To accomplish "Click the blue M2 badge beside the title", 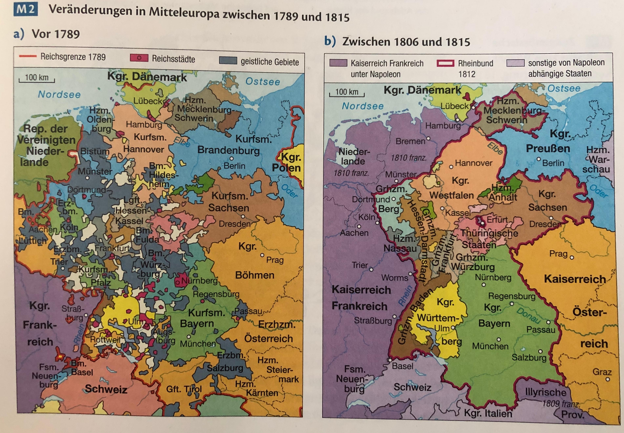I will pos(25,10).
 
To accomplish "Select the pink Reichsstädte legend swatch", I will pos(139,58).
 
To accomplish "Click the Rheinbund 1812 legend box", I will pos(445,63).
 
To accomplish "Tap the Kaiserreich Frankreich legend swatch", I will pos(338,63).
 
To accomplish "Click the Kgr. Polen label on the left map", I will pos(288,162).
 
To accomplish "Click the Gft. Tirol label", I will pos(184,389).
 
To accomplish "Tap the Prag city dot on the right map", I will pos(572,257).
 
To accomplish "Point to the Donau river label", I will pos(528,315).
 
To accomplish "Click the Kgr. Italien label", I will pos(488,413).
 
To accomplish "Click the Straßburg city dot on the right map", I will pos(394,316).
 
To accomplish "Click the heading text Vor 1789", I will pos(56,34).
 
